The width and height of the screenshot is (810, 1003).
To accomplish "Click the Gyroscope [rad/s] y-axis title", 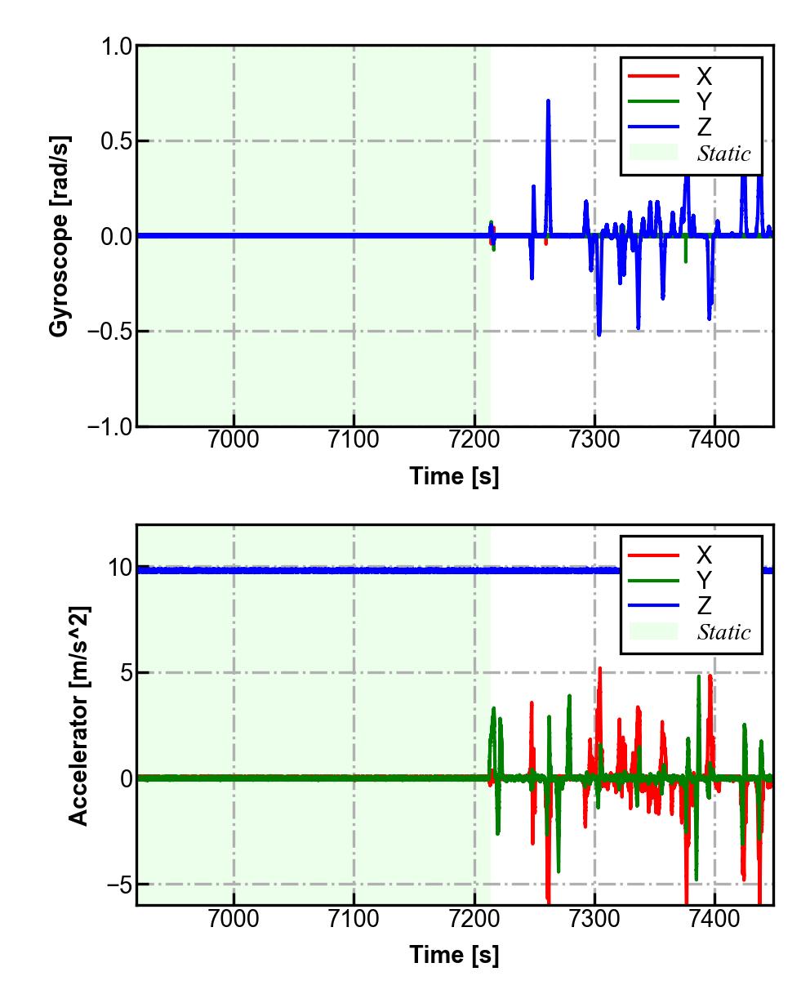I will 59,235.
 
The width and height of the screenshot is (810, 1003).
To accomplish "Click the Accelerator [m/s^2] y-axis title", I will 78,715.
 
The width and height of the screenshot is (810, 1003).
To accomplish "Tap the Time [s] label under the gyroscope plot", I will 454,476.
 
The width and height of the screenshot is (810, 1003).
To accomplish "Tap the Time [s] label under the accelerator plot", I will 454,954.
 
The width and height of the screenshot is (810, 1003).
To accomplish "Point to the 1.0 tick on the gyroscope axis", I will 116,47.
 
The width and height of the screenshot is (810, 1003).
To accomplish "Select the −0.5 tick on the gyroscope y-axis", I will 108,332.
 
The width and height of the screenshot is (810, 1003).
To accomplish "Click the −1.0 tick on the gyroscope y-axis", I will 108,426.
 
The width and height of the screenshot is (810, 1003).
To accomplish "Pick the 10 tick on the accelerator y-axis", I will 120,568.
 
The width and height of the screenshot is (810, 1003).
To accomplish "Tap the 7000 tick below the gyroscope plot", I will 234,439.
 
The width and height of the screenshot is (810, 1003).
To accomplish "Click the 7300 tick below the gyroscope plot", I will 594,439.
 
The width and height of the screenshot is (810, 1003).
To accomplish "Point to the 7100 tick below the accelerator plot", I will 354,918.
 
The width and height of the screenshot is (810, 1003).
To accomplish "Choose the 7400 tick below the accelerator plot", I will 714,918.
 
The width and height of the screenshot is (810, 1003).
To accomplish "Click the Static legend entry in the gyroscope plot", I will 723,154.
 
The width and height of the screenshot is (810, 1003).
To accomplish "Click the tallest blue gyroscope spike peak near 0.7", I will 548,101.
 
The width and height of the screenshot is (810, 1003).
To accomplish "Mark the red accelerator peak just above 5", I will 600,669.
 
